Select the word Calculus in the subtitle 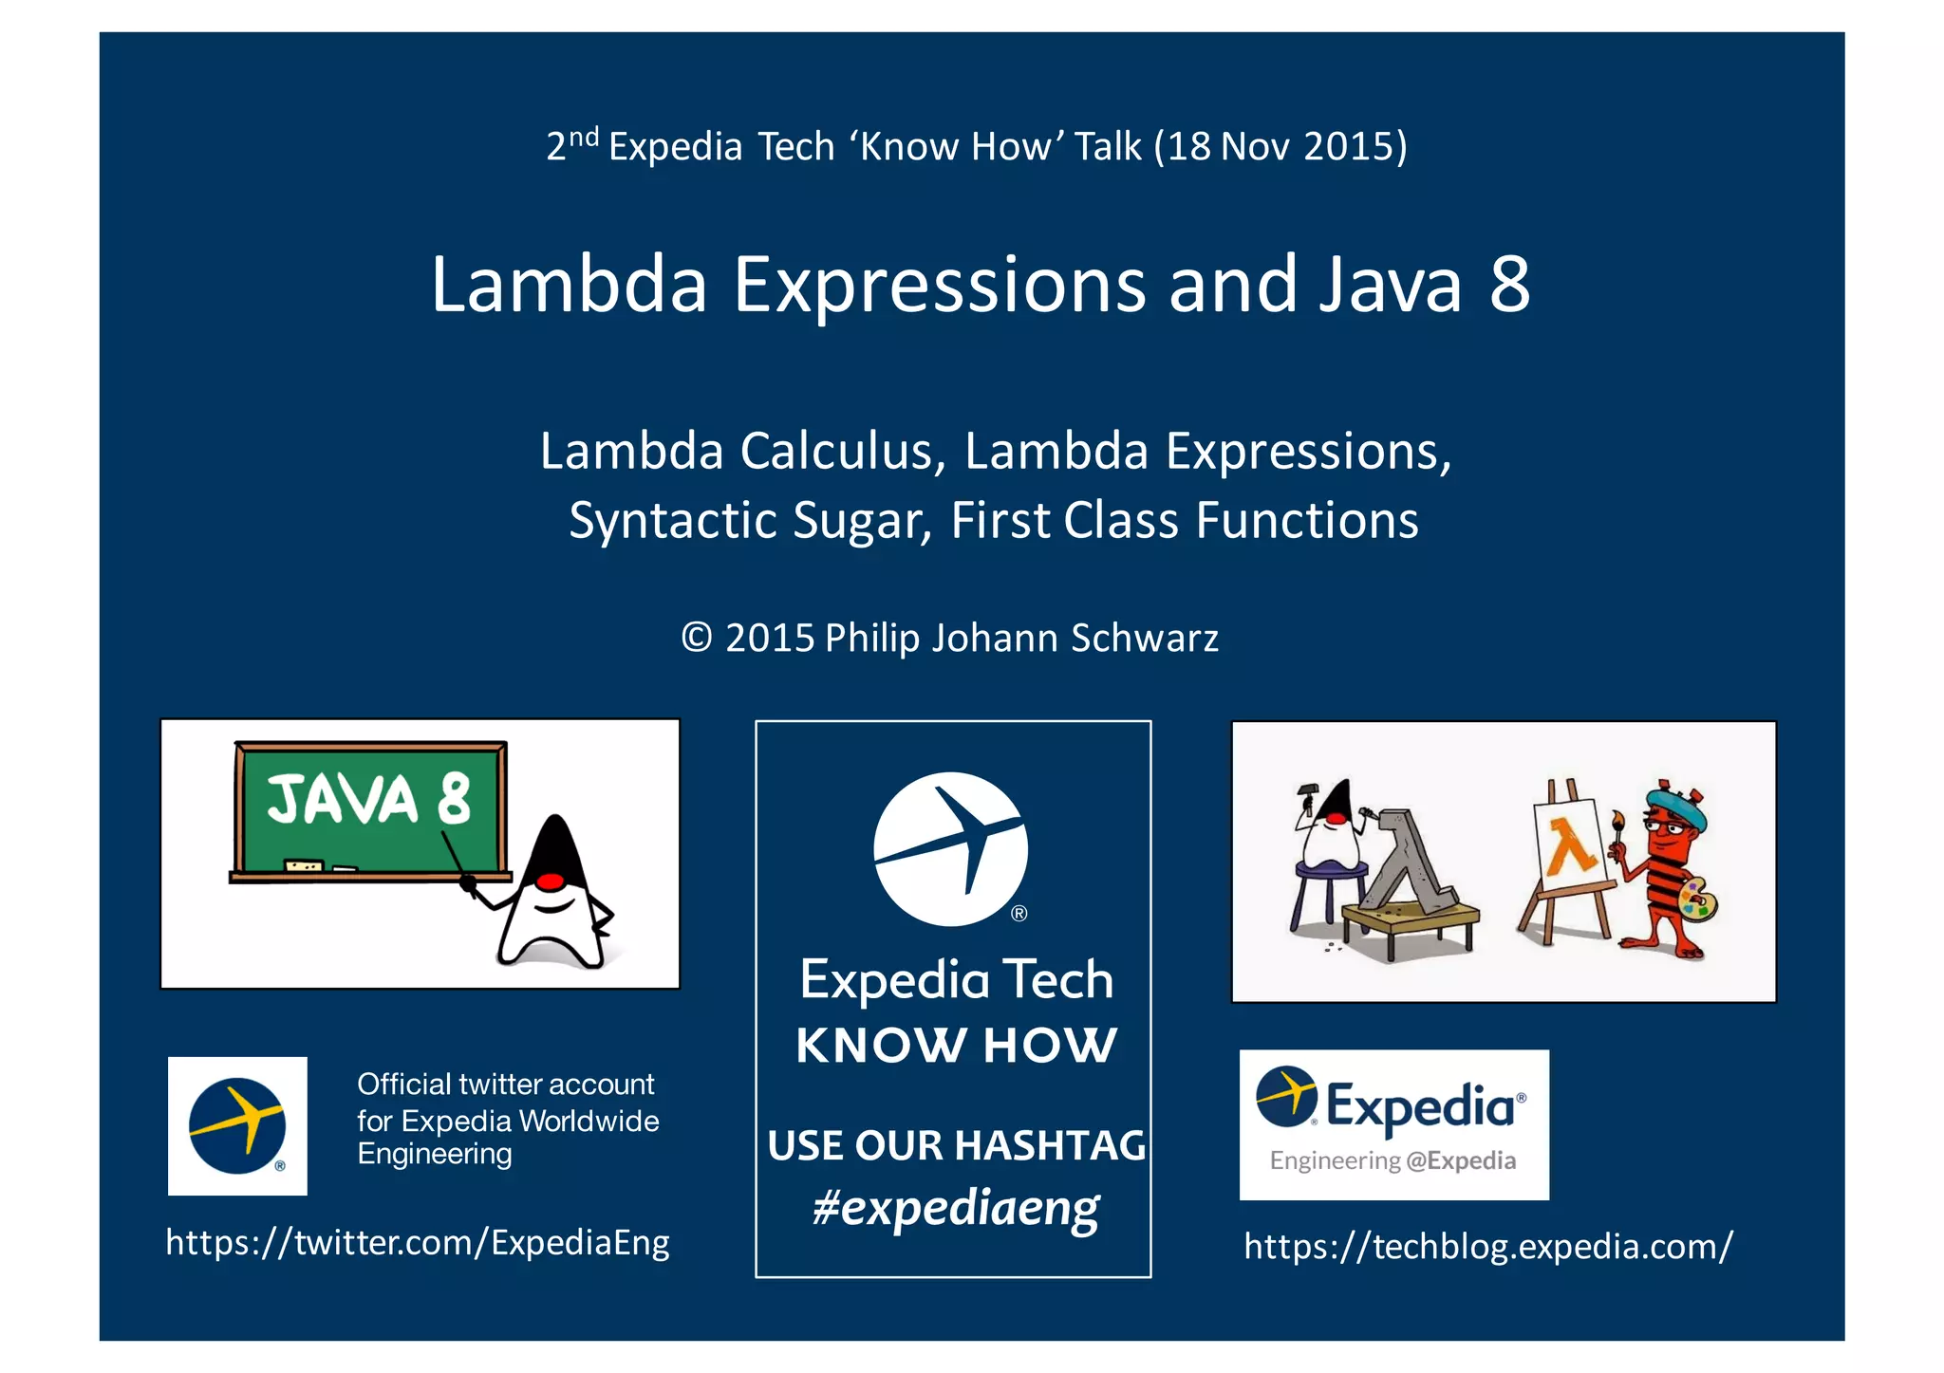842,451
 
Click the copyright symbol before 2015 697,638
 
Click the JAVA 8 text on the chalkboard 368,799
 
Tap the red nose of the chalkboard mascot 549,882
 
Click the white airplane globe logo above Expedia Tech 950,848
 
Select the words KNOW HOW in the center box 956,1046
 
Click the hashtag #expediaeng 956,1209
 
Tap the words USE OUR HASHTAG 956,1145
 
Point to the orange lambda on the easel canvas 1570,846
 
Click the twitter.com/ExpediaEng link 418,1242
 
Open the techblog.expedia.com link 1487,1247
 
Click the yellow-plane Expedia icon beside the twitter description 237,1126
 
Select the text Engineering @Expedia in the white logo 1393,1160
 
